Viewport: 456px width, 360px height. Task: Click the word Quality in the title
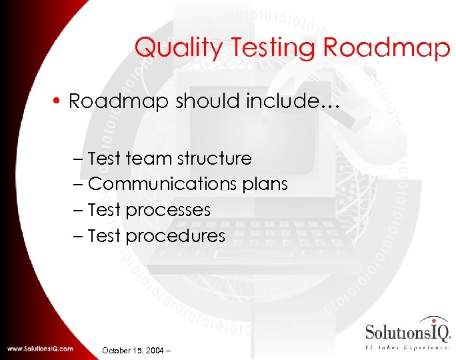point(169,48)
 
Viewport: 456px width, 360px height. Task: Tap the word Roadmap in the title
point(387,48)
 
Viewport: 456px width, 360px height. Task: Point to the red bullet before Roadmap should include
point(59,101)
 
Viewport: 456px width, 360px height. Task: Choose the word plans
point(266,184)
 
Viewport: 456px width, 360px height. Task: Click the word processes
point(168,211)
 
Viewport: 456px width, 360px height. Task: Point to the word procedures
point(175,236)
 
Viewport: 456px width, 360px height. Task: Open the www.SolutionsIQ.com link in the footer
point(41,349)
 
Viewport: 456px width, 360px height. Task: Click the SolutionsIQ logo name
point(408,331)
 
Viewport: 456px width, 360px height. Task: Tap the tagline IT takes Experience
point(407,347)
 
